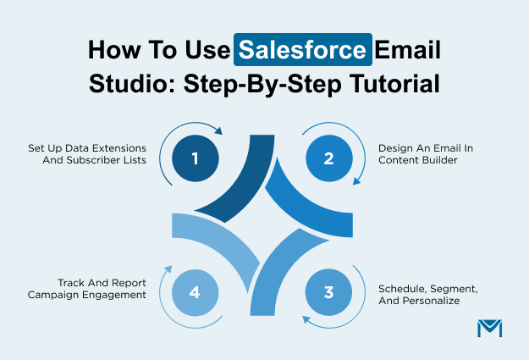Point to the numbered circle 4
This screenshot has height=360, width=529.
(195, 293)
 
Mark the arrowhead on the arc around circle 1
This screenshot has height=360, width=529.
(218, 131)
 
